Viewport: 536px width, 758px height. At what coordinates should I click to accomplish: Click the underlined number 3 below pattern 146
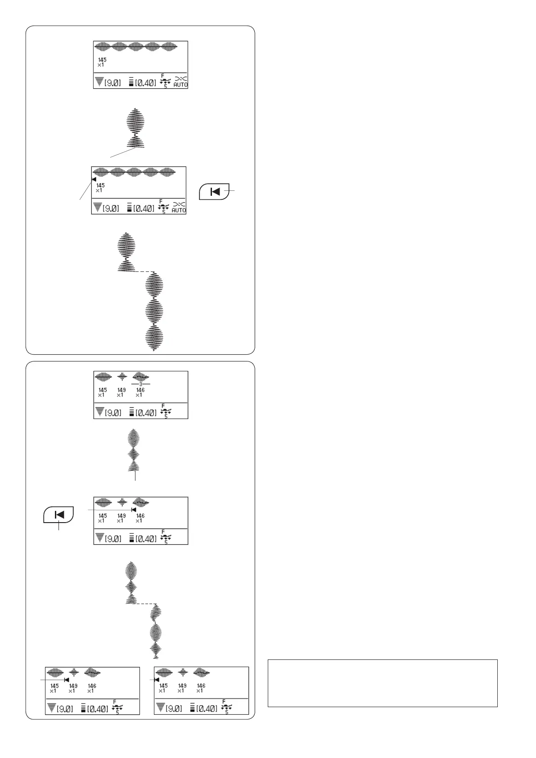(x=140, y=384)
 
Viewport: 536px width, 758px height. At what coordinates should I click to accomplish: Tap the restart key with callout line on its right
(x=214, y=191)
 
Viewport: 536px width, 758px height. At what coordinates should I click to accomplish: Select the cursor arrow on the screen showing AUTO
(x=94, y=179)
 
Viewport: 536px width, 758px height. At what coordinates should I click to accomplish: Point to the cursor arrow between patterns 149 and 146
(x=133, y=510)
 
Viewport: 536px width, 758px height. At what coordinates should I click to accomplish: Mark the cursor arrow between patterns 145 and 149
(x=67, y=680)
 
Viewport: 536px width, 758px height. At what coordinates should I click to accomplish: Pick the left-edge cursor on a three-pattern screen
(x=157, y=680)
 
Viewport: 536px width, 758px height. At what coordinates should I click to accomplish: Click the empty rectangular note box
(x=383, y=683)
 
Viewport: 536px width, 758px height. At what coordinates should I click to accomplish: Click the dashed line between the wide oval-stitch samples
(x=144, y=272)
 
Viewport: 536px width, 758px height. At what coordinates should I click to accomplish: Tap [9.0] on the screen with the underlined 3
(x=113, y=413)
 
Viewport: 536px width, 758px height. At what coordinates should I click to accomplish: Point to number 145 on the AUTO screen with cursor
(x=100, y=185)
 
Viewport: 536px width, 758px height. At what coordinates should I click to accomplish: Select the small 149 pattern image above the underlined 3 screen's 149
(x=122, y=377)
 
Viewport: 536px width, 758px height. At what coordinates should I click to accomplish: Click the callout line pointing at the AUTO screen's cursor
(x=83, y=191)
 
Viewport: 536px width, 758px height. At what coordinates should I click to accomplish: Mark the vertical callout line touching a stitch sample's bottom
(x=135, y=475)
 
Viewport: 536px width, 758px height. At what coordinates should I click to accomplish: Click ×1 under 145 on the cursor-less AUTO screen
(x=101, y=65)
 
